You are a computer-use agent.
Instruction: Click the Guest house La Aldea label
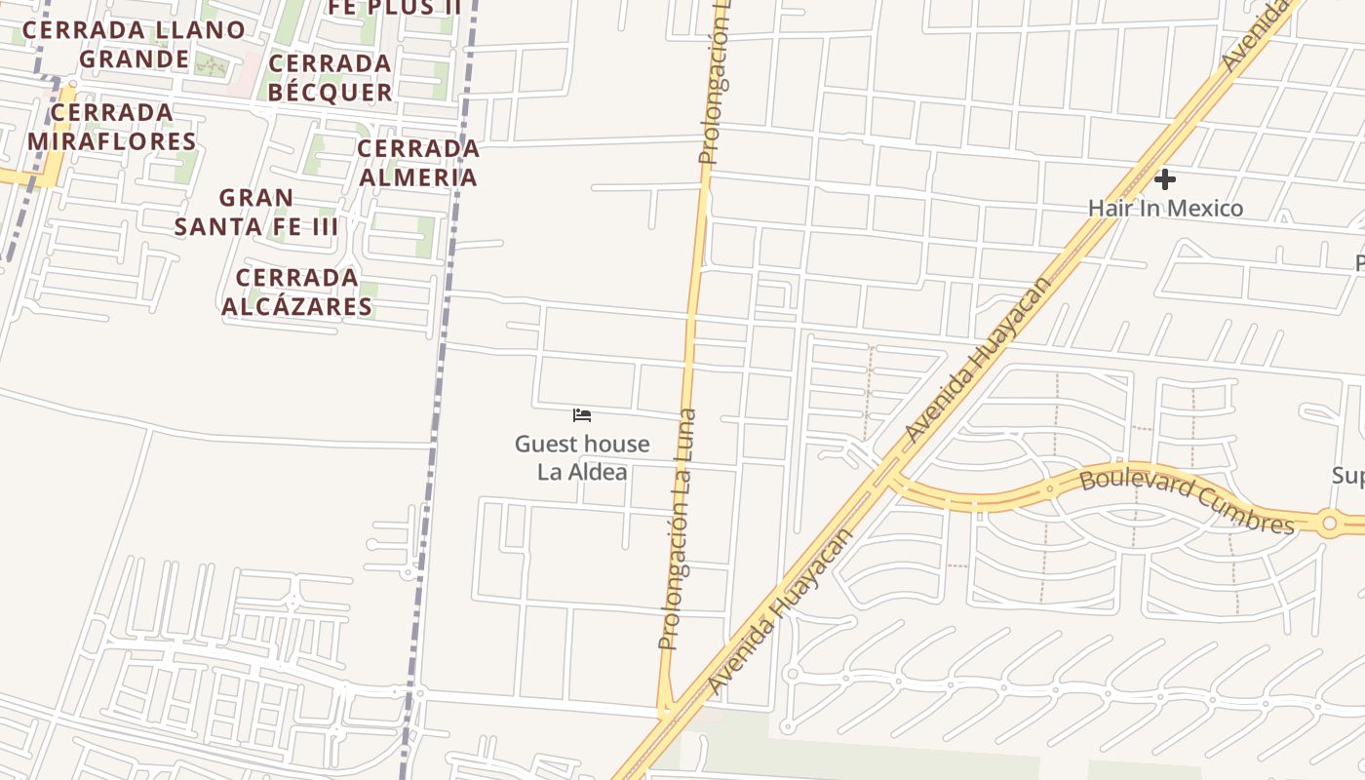(x=582, y=457)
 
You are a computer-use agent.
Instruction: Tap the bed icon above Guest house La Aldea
(x=582, y=415)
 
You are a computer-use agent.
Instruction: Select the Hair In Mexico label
(x=1165, y=208)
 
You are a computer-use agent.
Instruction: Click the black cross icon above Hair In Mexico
(x=1164, y=179)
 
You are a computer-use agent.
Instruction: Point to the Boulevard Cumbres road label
(x=1187, y=500)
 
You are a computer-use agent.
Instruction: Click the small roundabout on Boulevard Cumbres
(x=1328, y=524)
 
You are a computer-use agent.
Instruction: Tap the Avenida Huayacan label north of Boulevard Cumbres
(x=978, y=360)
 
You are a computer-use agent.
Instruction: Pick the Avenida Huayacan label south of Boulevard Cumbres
(x=779, y=611)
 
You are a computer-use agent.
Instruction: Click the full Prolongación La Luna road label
(x=678, y=528)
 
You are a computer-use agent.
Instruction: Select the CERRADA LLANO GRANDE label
(x=134, y=44)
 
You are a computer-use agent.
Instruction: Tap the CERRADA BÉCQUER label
(x=330, y=78)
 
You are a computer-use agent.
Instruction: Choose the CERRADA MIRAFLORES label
(x=112, y=127)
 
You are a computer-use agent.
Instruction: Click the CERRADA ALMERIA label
(x=418, y=163)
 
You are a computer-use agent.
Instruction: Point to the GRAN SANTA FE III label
(x=256, y=213)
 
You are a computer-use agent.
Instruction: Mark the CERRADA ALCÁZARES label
(x=297, y=292)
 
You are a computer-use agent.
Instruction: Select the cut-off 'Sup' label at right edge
(x=1348, y=475)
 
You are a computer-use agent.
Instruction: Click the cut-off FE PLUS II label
(x=394, y=8)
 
